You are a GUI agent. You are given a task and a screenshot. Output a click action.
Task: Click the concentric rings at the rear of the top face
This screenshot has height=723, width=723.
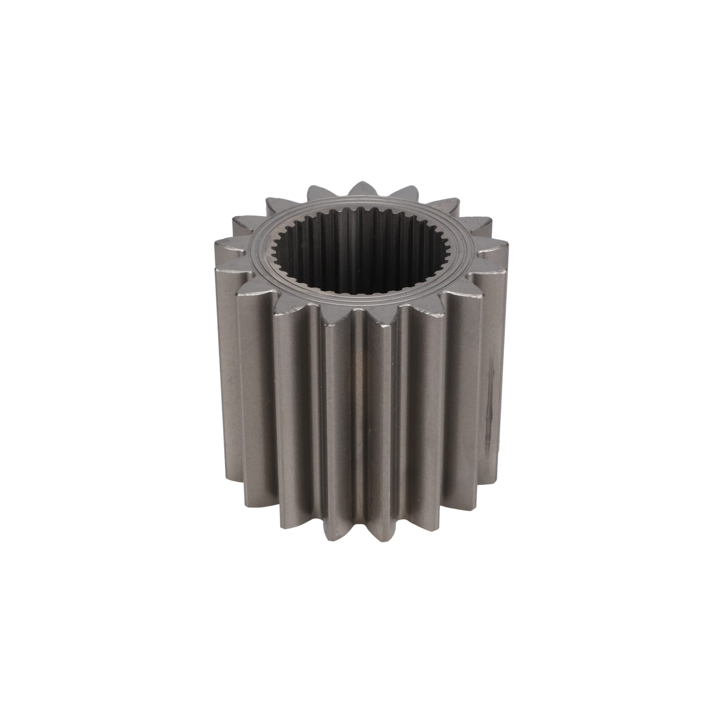359,204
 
